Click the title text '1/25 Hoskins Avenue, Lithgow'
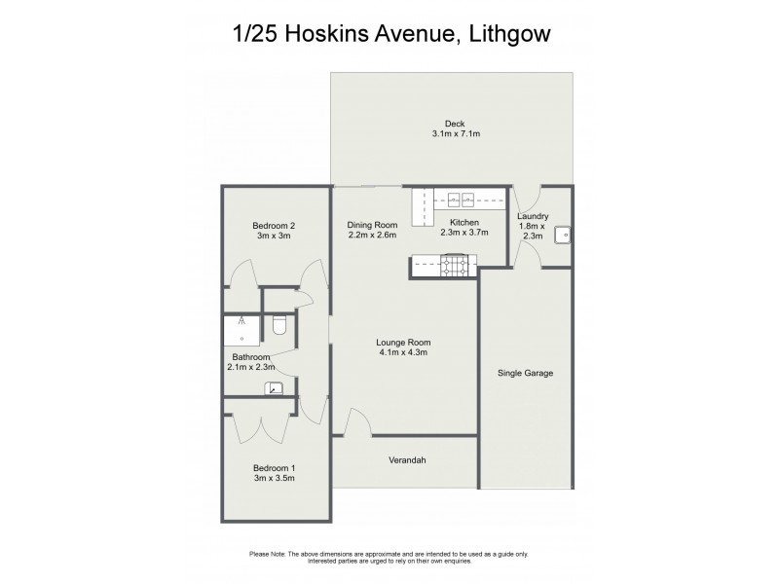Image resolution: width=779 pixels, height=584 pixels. coord(389,35)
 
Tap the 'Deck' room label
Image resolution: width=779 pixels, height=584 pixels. coord(454,123)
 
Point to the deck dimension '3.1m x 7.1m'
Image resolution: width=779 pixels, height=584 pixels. coord(454,134)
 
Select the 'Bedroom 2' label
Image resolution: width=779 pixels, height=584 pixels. coord(274,225)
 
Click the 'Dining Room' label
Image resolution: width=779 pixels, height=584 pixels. coord(372,224)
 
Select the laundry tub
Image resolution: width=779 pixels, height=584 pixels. coord(563,234)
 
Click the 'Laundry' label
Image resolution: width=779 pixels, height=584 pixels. coord(533,216)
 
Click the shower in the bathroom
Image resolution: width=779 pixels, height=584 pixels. coord(241,331)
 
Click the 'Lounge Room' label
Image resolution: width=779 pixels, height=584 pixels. coord(403,342)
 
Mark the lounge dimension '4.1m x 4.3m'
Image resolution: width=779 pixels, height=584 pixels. coord(403,353)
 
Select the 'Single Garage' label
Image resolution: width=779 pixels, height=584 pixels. coord(525,373)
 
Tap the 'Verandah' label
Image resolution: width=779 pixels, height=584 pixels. coord(406,460)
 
